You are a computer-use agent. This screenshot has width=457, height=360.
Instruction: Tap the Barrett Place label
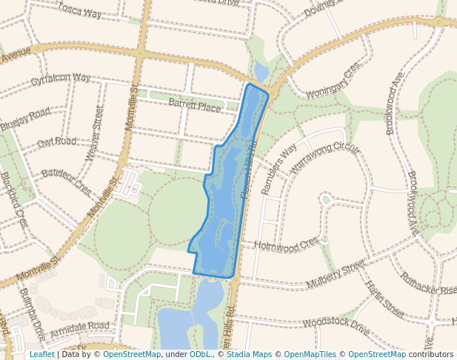tap(194, 107)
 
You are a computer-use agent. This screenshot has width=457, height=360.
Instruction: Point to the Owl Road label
tap(56, 141)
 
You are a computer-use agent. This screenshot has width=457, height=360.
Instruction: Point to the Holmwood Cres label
tap(286, 242)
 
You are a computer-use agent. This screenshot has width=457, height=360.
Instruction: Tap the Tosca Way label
tap(79, 10)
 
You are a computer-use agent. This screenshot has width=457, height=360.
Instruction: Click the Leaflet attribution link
tap(41, 355)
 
